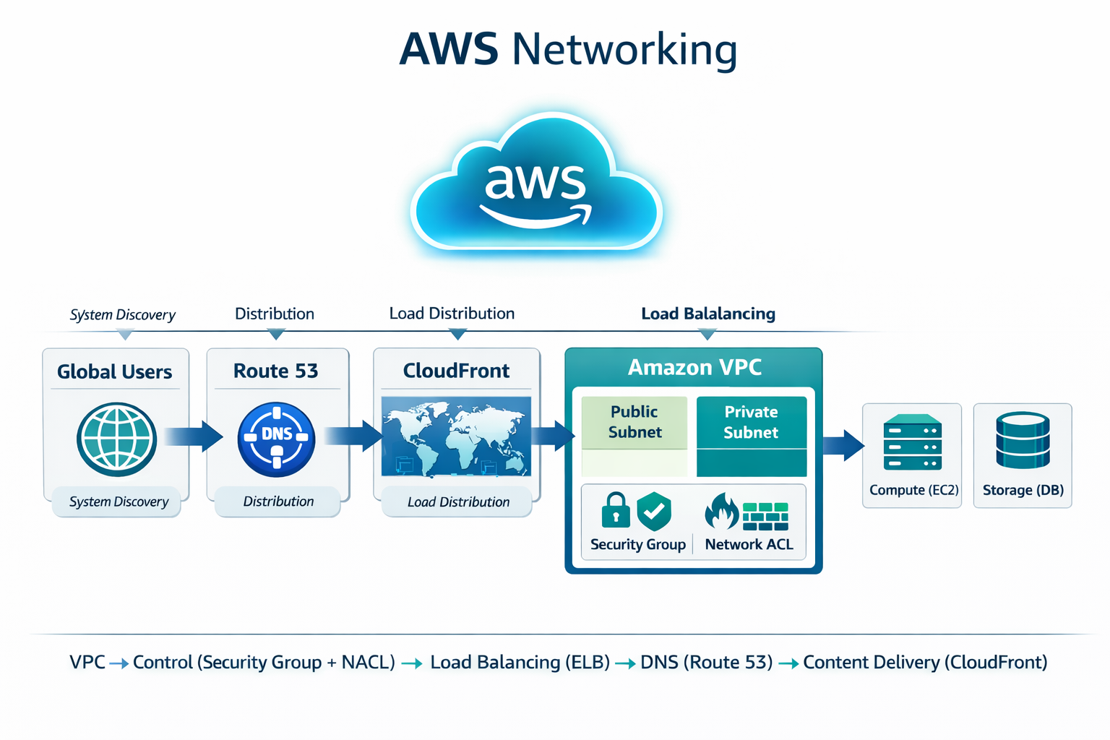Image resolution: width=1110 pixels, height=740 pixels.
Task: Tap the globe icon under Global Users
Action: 116,439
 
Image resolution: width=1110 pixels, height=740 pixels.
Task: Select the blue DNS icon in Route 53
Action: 276,439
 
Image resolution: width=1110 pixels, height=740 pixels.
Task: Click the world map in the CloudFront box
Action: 456,436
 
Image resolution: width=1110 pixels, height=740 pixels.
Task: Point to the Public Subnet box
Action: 634,423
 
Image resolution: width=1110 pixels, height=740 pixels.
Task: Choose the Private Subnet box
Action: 751,423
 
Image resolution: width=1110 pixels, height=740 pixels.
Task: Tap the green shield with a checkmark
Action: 654,511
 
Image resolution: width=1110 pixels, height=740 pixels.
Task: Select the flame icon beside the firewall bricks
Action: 720,512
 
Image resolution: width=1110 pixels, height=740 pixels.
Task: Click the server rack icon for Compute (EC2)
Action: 913,442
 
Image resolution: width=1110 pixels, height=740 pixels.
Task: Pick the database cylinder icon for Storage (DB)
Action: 1023,440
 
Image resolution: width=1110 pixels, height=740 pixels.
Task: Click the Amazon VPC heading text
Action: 694,367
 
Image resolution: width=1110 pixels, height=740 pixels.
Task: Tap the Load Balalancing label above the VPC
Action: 708,314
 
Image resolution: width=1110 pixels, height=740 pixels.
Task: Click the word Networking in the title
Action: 624,50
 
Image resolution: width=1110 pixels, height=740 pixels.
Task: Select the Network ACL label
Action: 749,545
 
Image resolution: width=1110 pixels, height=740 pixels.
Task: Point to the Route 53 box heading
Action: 275,371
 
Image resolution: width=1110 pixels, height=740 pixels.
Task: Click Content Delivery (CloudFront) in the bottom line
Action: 925,662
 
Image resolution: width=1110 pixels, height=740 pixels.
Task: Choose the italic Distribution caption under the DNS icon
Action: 278,502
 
